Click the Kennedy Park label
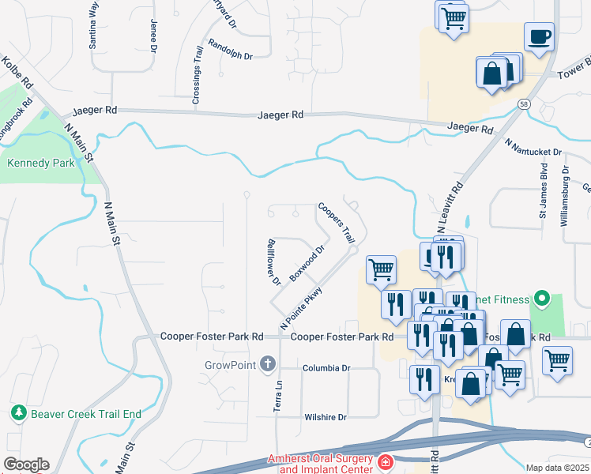tap(40, 164)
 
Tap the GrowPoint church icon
tap(268, 364)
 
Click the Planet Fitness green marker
tap(541, 299)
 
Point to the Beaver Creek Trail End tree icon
tap(17, 413)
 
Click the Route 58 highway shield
tap(524, 103)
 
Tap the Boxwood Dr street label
tap(307, 264)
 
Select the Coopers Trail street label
tap(337, 223)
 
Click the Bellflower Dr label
tap(274, 261)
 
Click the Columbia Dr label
tap(326, 368)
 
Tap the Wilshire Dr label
tap(326, 417)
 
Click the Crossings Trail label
tap(198, 74)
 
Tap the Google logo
tap(26, 465)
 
